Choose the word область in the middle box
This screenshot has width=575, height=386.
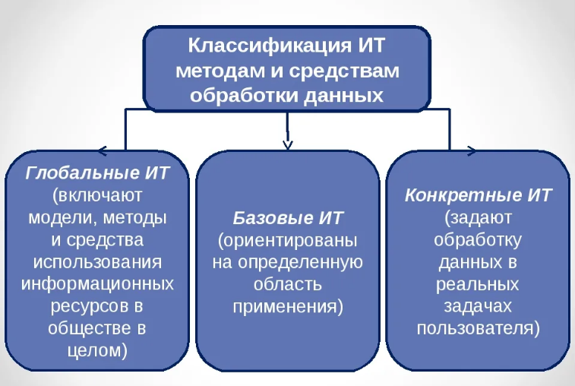pos(287,285)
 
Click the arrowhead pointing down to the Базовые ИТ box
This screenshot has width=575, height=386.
pos(287,143)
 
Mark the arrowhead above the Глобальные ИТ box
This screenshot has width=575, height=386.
pos(103,149)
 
